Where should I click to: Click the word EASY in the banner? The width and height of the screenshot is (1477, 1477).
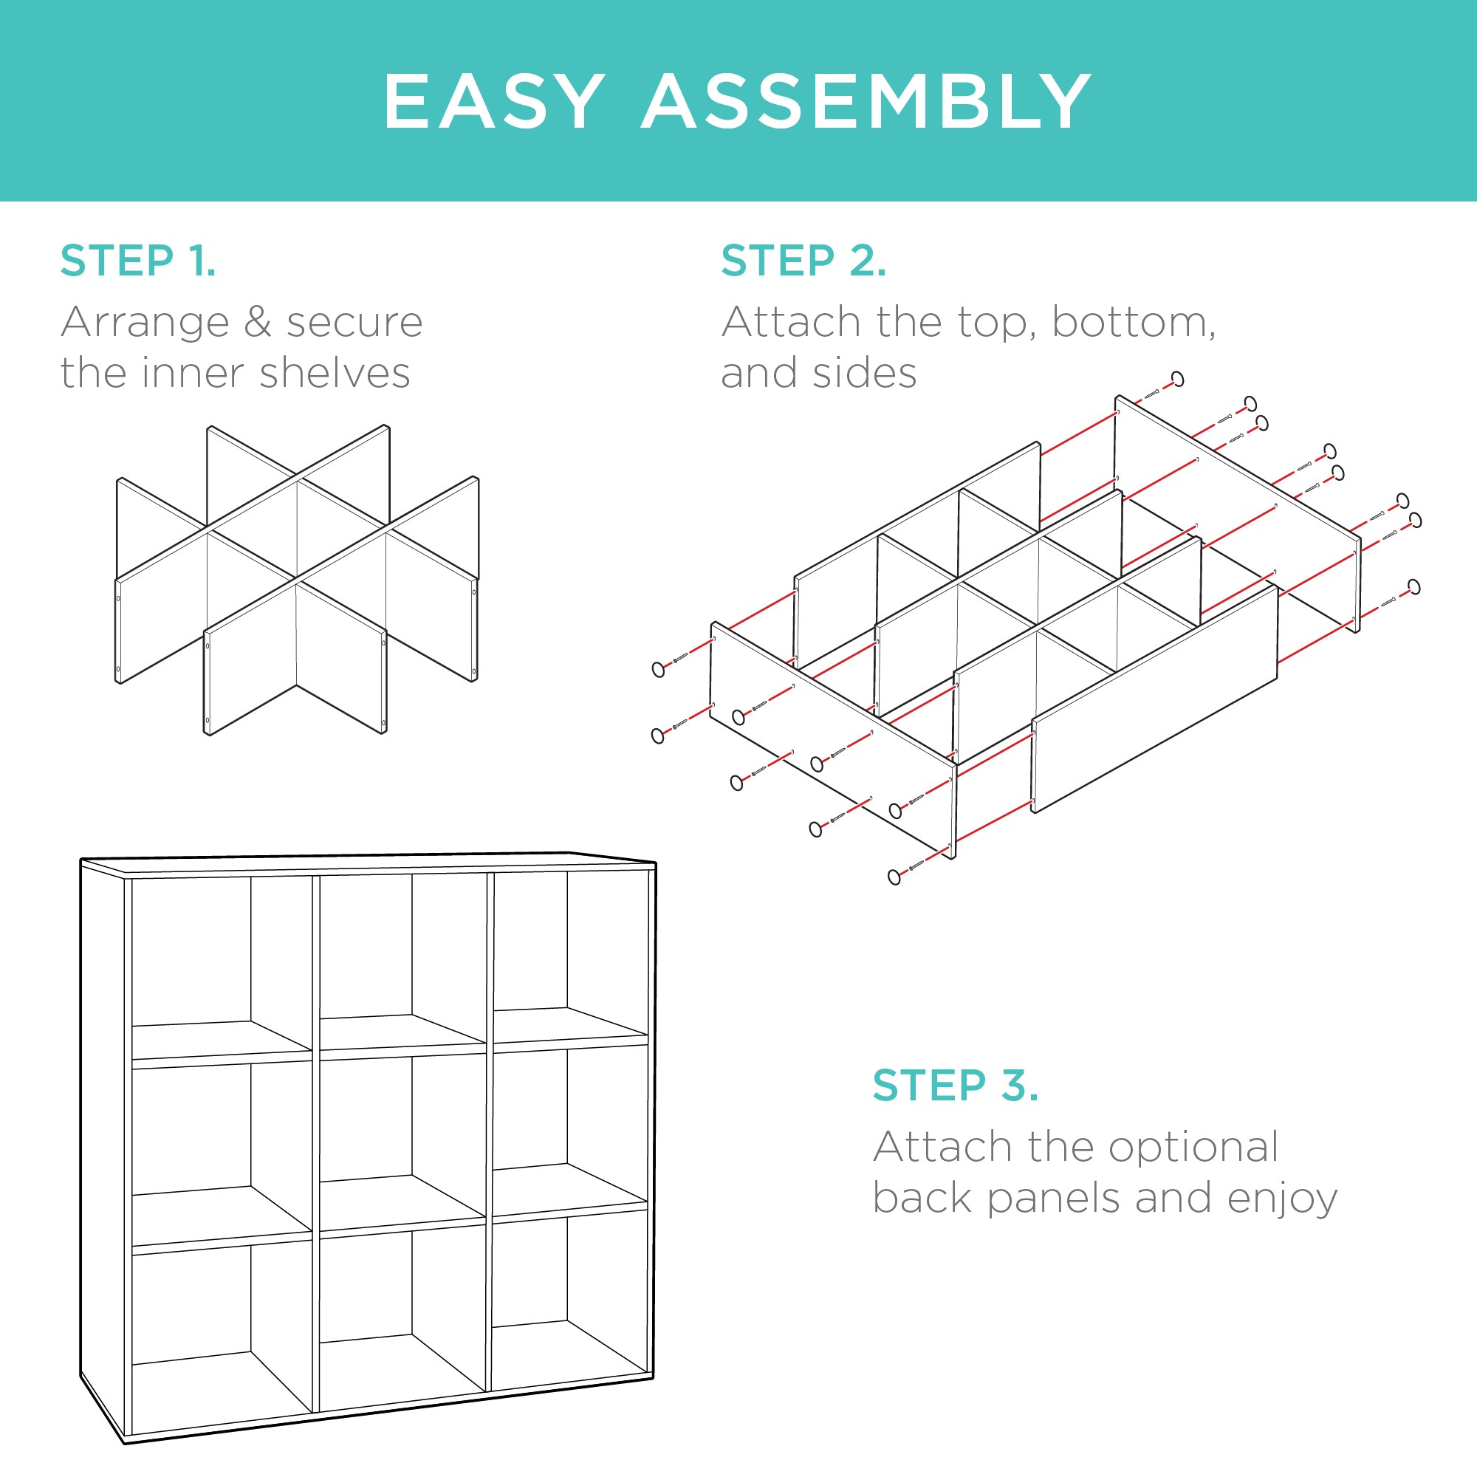(x=493, y=102)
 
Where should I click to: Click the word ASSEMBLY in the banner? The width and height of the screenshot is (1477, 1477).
(x=866, y=102)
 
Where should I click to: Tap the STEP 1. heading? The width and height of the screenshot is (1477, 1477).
(x=138, y=261)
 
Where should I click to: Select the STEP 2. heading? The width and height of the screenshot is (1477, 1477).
(x=803, y=261)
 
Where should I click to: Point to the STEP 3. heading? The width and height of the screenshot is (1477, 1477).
(x=955, y=1085)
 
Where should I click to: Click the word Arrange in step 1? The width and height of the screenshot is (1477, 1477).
(x=145, y=322)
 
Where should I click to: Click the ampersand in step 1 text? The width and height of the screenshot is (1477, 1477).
(x=258, y=322)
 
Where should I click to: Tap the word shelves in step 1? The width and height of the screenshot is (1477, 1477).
(x=335, y=373)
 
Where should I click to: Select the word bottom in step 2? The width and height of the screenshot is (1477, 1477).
(x=1133, y=322)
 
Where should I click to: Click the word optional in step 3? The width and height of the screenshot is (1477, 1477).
(x=1193, y=1147)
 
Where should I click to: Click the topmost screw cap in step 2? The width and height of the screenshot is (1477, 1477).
(x=1178, y=379)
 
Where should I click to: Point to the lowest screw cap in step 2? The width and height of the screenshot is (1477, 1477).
(x=894, y=877)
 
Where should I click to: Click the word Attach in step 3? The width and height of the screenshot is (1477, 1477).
(x=943, y=1147)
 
